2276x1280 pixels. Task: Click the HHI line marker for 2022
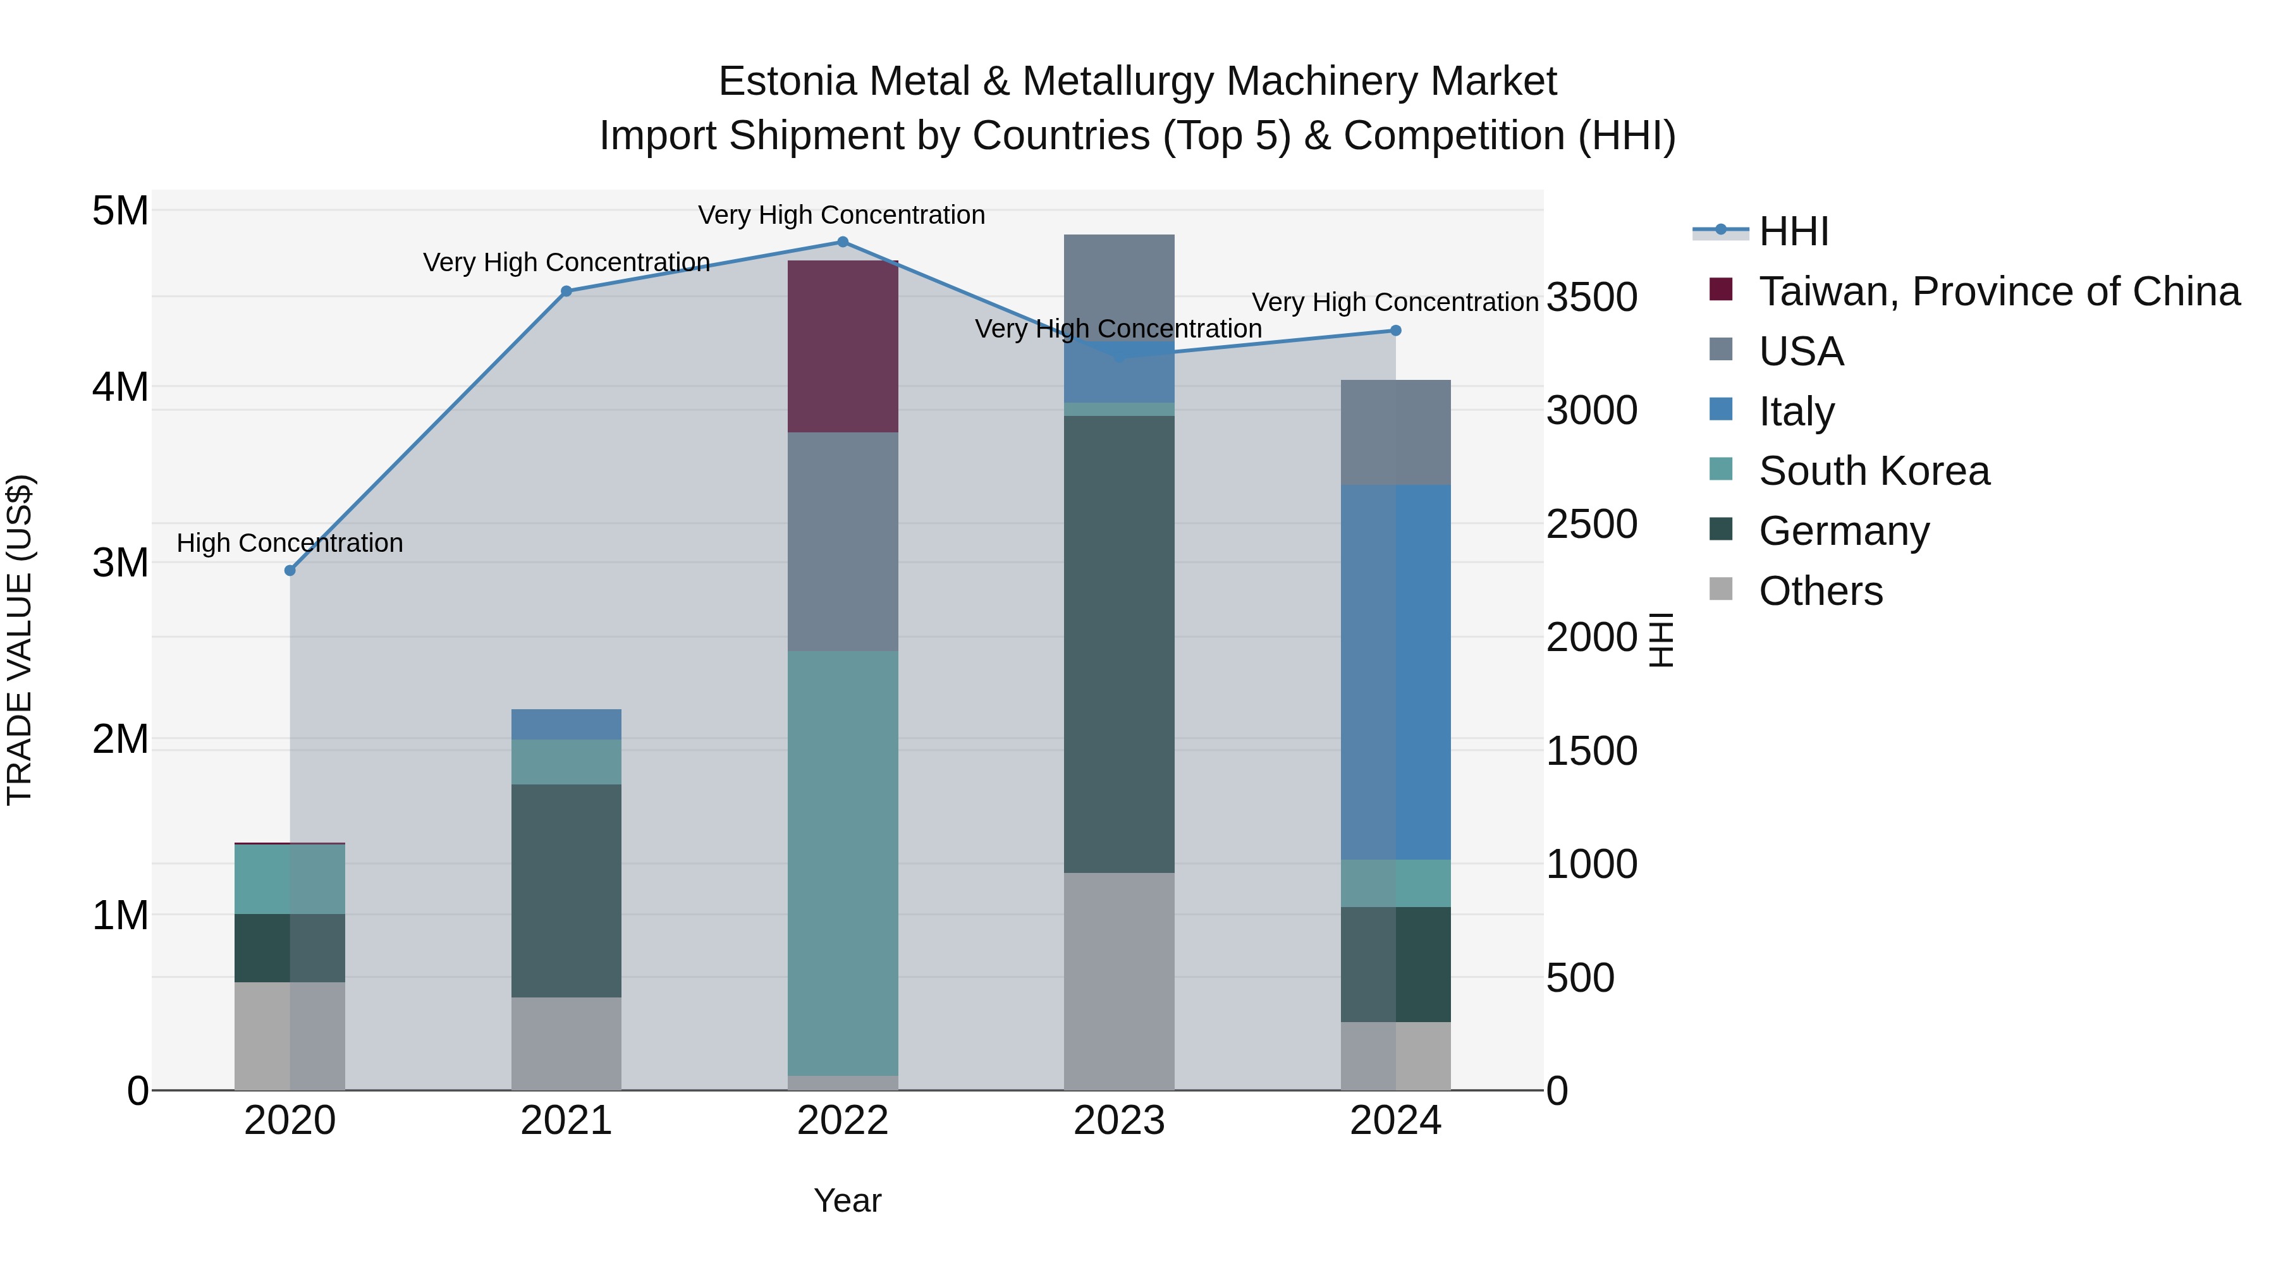842,242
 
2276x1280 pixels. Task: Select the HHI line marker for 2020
290,571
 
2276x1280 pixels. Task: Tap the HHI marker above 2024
1395,331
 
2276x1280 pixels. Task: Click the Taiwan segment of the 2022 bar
842,346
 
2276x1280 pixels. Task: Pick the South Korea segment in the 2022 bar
842,863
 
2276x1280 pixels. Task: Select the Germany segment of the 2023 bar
1118,644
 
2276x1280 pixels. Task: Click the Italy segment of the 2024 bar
1395,671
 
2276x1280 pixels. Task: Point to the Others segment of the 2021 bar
566,1043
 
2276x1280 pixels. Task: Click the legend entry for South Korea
1873,471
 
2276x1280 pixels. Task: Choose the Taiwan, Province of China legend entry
1998,291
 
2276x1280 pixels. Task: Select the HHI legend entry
1793,231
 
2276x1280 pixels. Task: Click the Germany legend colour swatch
1720,529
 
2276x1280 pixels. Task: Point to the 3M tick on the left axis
121,563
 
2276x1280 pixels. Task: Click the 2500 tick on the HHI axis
1591,524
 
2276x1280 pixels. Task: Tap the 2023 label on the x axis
1118,1121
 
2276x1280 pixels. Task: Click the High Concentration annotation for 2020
290,542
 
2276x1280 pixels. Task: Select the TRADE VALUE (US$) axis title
20,640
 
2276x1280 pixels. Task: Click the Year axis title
847,1200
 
